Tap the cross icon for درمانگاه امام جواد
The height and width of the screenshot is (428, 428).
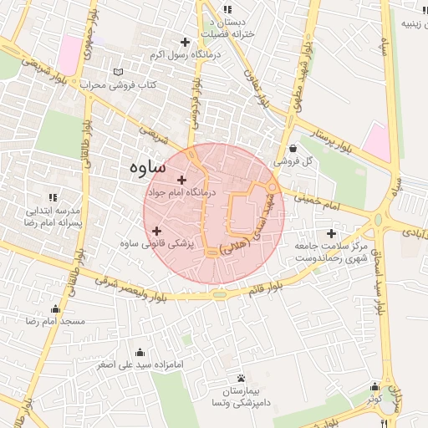pyautogui.click(x=182, y=180)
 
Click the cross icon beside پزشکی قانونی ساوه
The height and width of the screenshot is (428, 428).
pyautogui.click(x=157, y=230)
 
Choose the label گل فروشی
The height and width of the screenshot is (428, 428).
pyautogui.click(x=295, y=160)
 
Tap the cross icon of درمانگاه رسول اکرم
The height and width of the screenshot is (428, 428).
pyautogui.click(x=185, y=42)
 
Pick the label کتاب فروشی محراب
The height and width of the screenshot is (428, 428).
pyautogui.click(x=118, y=86)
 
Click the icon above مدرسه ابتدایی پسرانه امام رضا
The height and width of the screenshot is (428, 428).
pyautogui.click(x=53, y=197)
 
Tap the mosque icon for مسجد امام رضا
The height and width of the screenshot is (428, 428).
pyautogui.click(x=55, y=308)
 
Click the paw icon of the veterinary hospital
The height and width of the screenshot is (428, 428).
pyautogui.click(x=241, y=378)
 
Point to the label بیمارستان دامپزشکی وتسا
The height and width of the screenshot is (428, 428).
pyautogui.click(x=241, y=397)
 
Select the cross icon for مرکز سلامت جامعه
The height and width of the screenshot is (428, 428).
pyautogui.click(x=333, y=233)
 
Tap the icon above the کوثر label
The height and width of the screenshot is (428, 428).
pyautogui.click(x=374, y=387)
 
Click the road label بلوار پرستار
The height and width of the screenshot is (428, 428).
pyautogui.click(x=320, y=140)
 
